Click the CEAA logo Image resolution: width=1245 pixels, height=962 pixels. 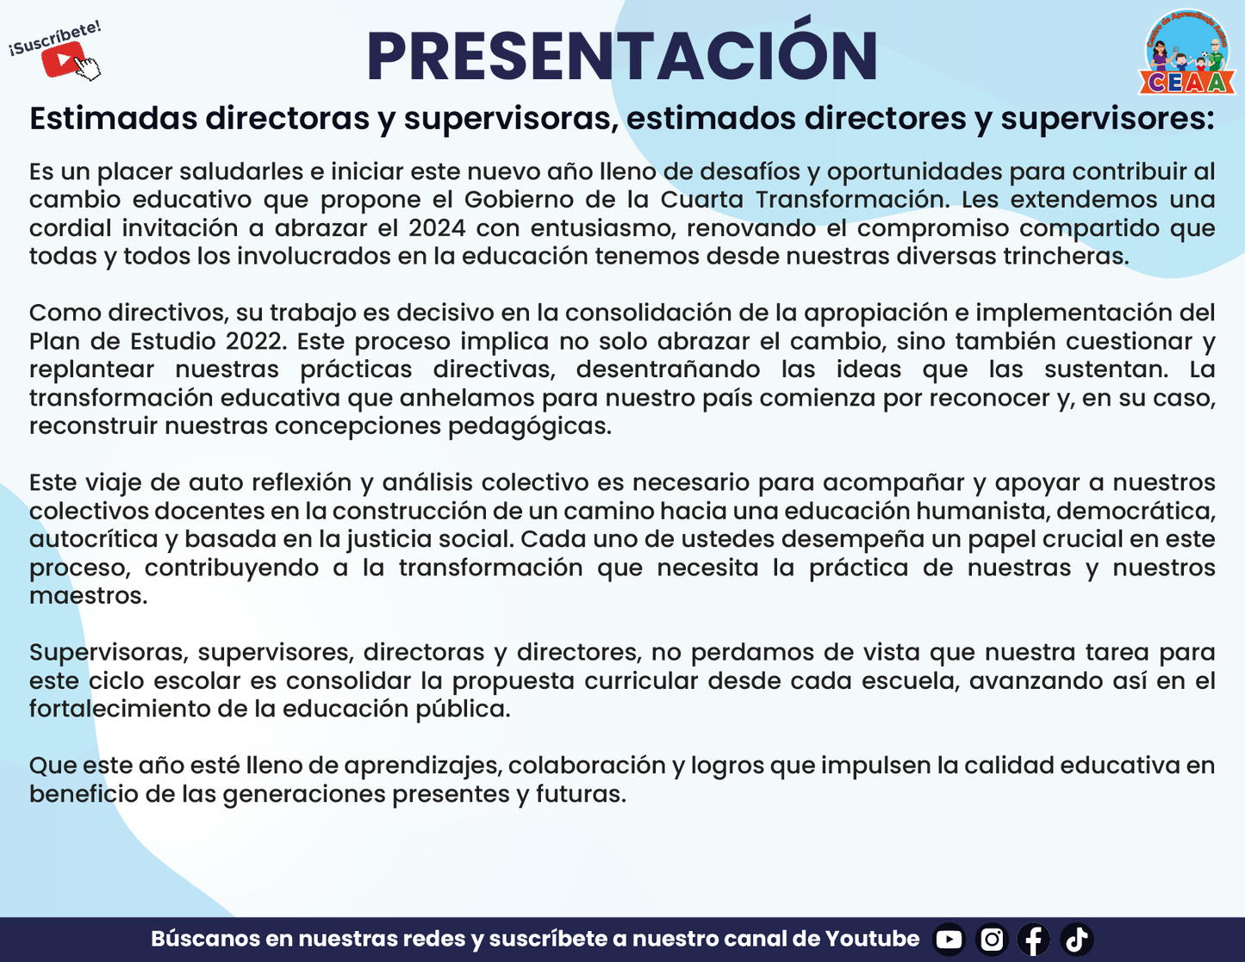click(x=1186, y=53)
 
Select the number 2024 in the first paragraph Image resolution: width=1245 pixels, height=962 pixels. click(x=437, y=228)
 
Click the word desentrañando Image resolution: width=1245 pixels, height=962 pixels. click(x=668, y=369)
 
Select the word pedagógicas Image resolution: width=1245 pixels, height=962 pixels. click(x=530, y=427)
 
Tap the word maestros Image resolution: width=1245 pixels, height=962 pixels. click(x=88, y=597)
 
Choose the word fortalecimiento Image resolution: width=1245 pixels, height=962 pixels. click(x=120, y=710)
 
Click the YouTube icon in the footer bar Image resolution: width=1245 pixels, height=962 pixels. click(x=949, y=940)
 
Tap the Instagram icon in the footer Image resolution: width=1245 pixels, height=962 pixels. click(x=992, y=940)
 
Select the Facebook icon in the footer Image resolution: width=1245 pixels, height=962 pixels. click(x=1034, y=940)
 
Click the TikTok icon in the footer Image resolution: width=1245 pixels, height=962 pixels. click(x=1076, y=940)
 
